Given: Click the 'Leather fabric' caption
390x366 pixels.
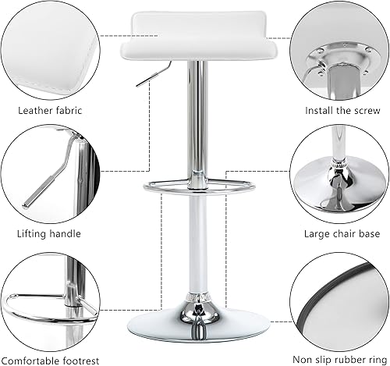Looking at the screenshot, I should (50, 111).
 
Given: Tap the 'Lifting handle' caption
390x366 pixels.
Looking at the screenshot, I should (48, 233).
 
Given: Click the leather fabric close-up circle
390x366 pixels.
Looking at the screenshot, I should (50, 48).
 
